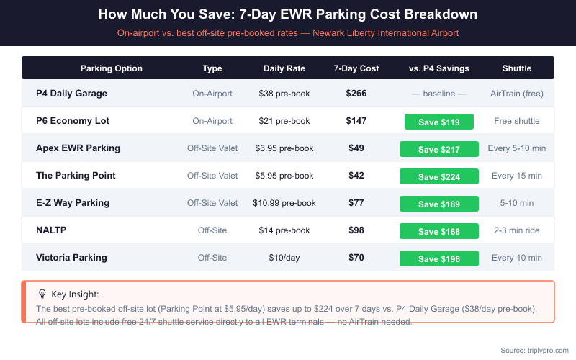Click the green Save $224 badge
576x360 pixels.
[x=439, y=176]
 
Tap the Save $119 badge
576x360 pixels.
[x=439, y=122]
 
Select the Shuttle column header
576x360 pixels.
[x=517, y=68]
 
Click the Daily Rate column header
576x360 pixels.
[x=284, y=68]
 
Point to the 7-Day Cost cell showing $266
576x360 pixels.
[x=356, y=94]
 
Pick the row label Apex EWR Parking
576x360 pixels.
[x=78, y=148]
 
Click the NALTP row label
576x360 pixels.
[x=52, y=230]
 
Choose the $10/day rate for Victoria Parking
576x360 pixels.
[x=284, y=258]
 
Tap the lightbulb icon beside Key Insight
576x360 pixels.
[x=42, y=294]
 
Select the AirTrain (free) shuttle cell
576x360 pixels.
[x=517, y=94]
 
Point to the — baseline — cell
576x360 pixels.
[x=439, y=94]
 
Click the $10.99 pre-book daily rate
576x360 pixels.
[x=284, y=203]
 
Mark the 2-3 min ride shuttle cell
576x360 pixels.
[x=517, y=230]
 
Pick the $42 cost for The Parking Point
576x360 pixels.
[x=356, y=176]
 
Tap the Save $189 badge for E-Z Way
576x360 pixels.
[x=439, y=204]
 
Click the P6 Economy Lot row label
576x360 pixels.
[x=73, y=121]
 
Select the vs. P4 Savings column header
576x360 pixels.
[x=439, y=68]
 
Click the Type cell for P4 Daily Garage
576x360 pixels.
[x=212, y=94]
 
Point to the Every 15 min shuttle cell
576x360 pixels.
[x=517, y=176]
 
